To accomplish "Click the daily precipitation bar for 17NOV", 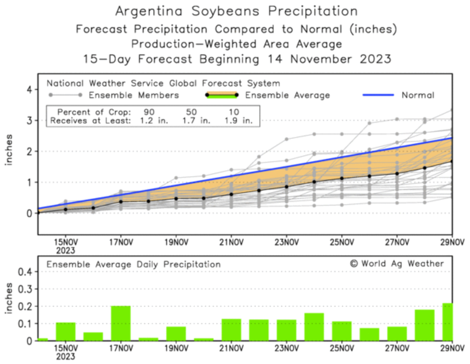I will click(x=121, y=323).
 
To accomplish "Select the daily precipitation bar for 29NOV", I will click(x=447, y=322).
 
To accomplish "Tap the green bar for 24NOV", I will click(x=314, y=327).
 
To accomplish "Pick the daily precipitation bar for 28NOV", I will click(x=425, y=325).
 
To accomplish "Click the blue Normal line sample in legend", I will click(x=378, y=95).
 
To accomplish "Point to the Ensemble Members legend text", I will click(x=134, y=95).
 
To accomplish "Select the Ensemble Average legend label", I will click(x=288, y=95).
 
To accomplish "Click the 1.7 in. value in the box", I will click(x=196, y=121).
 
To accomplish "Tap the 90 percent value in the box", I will click(x=149, y=112).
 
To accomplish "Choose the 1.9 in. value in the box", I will click(x=238, y=121).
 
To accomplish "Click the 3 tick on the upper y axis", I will click(x=30, y=121).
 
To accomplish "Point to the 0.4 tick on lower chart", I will click(x=25, y=272).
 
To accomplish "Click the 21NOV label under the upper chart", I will click(x=231, y=242).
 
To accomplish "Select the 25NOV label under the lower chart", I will click(x=341, y=349).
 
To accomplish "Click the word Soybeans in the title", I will click(x=225, y=11).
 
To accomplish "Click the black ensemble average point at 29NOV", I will click(x=452, y=161).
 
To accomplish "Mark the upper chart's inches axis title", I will click(x=9, y=150).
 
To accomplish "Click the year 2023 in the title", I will click(x=375, y=59).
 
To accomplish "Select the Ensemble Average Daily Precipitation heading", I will click(x=133, y=265).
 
